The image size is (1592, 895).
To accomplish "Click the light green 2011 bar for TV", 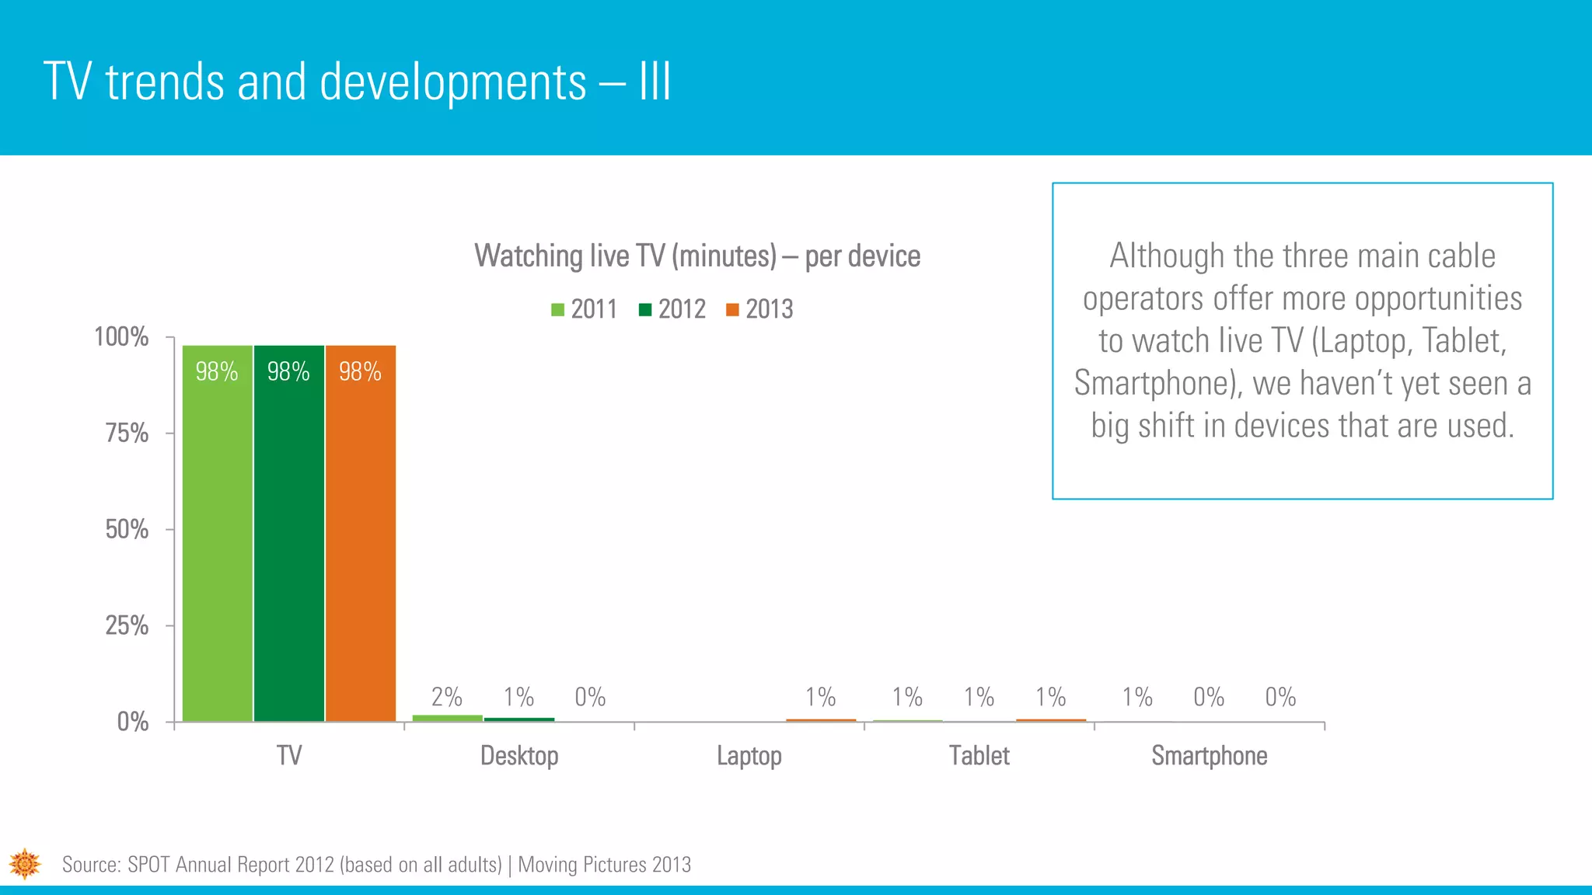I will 218,544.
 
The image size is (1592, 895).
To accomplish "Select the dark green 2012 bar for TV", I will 289,544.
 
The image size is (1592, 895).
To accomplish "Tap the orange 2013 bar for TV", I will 361,544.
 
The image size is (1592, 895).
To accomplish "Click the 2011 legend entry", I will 585,309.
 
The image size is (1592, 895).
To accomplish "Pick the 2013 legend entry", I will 759,309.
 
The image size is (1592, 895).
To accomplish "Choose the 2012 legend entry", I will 672,309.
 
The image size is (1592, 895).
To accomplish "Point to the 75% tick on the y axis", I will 127,433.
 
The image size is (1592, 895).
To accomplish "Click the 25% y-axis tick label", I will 127,625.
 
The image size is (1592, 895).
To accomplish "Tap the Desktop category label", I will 519,755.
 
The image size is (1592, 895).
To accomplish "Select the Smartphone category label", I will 1210,755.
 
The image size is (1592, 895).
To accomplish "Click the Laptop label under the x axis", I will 749,755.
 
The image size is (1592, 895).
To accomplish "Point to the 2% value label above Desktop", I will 447,697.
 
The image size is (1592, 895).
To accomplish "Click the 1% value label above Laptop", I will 820,697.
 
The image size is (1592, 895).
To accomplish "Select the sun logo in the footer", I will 25,863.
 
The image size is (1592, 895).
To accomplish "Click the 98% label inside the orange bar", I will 360,371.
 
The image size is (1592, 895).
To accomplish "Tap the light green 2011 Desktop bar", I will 447,718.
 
